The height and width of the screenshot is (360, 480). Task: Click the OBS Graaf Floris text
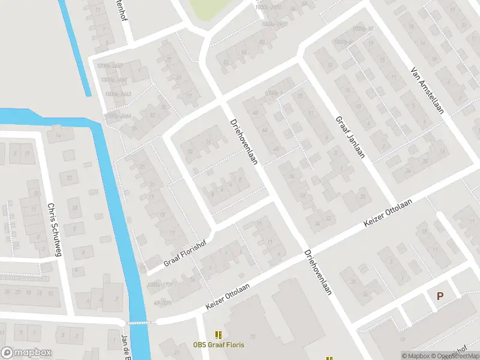coord(218,345)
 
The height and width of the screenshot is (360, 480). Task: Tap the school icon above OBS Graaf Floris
coord(218,335)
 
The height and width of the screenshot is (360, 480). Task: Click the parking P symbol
coord(440,296)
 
